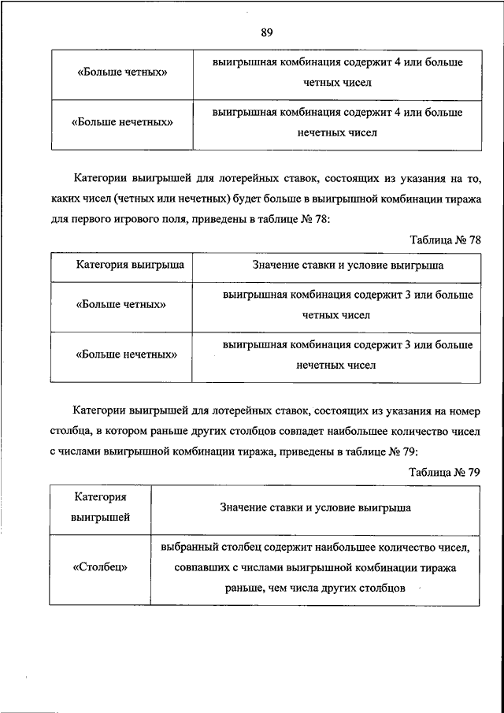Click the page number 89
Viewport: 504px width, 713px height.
[x=267, y=32]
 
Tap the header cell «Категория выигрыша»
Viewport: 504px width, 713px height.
[x=130, y=266]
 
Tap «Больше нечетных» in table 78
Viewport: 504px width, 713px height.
[x=126, y=355]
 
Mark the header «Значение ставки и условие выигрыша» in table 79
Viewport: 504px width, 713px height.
[x=315, y=508]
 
